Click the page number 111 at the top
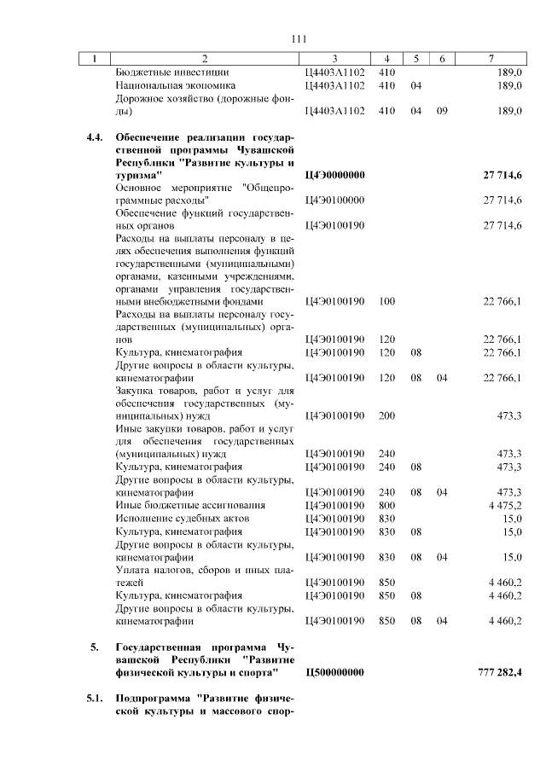[x=299, y=39]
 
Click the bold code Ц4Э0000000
[x=335, y=174]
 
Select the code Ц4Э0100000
[x=335, y=199]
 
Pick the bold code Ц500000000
[x=335, y=673]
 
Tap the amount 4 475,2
[x=504, y=505]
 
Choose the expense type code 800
[x=386, y=505]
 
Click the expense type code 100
[x=386, y=301]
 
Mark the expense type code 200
[x=386, y=415]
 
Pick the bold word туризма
[x=138, y=174]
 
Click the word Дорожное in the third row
[x=140, y=98]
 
